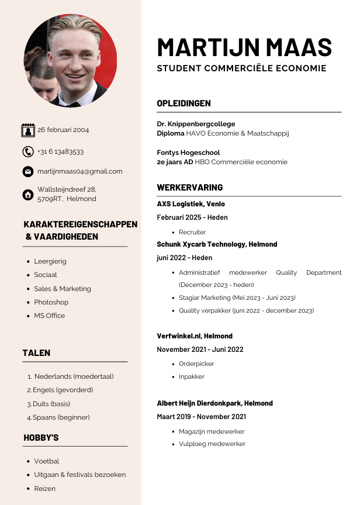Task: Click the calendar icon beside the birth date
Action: pyautogui.click(x=28, y=130)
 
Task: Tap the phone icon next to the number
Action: pyautogui.click(x=28, y=152)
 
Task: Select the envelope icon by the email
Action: pyautogui.click(x=28, y=172)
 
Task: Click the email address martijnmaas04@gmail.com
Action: pyautogui.click(x=80, y=171)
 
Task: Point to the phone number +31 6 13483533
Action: pyautogui.click(x=60, y=151)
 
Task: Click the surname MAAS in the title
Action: pyautogui.click(x=299, y=47)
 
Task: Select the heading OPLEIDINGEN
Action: pyautogui.click(x=184, y=103)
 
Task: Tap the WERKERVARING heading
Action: pyautogui.click(x=189, y=188)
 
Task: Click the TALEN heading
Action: pyautogui.click(x=36, y=353)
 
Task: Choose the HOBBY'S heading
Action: pyautogui.click(x=41, y=438)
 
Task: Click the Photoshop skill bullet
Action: pyautogui.click(x=51, y=302)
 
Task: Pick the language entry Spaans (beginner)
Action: pyautogui.click(x=61, y=417)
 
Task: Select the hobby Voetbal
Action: pyautogui.click(x=46, y=461)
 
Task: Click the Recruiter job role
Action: pyautogui.click(x=192, y=232)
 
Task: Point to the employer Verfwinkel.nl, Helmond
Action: pyautogui.click(x=195, y=336)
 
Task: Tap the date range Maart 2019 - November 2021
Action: pyautogui.click(x=201, y=417)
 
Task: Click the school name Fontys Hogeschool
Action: pyautogui.click(x=188, y=153)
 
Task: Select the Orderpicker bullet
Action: pyautogui.click(x=196, y=364)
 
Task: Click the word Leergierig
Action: pyautogui.click(x=50, y=261)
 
